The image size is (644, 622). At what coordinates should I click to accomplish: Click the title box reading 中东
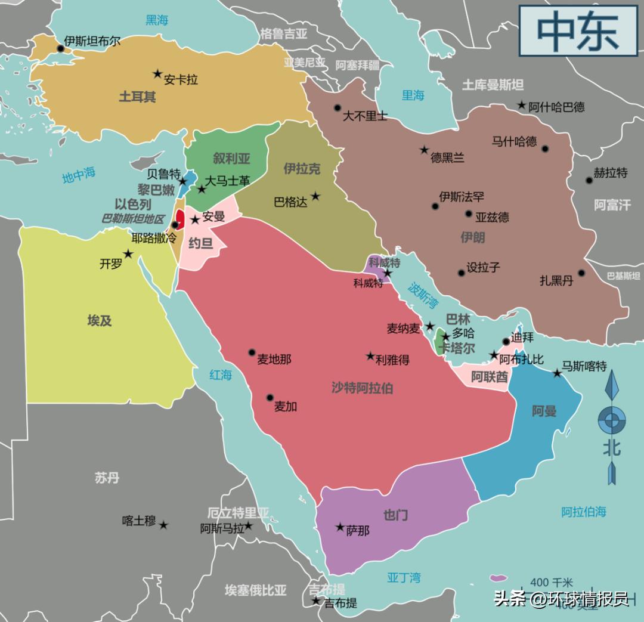[578, 31]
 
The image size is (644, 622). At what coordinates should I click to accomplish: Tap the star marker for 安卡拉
[157, 74]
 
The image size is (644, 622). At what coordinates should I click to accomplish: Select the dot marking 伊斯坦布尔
[60, 48]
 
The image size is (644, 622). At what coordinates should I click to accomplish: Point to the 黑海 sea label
[157, 20]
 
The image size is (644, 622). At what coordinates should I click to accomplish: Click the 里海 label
[413, 95]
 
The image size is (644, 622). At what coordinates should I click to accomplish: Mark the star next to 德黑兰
[424, 150]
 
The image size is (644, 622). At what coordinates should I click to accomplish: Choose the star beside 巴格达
[315, 196]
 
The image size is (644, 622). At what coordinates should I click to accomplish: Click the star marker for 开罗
[128, 254]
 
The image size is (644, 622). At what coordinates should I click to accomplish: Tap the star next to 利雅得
[370, 355]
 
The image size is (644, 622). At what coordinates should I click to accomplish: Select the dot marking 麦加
[270, 397]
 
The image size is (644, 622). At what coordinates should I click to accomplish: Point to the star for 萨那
[340, 527]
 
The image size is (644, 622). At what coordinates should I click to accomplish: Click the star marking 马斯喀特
[557, 373]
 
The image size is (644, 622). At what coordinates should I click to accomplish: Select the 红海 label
[220, 375]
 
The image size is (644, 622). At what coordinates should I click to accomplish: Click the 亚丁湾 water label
[404, 577]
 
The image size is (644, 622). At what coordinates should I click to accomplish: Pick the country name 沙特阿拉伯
[362, 388]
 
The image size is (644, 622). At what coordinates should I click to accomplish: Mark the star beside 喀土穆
[163, 525]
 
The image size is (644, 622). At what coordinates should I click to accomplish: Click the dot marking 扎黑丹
[581, 274]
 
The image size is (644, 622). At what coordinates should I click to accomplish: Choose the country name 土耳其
[137, 97]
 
